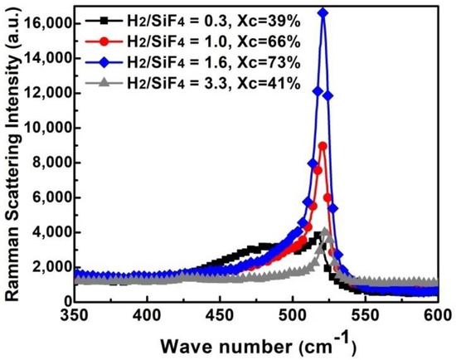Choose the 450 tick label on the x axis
coord(220,315)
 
